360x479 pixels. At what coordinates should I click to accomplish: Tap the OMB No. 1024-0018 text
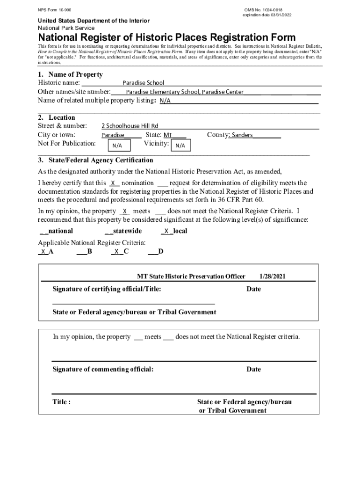pyautogui.click(x=263, y=10)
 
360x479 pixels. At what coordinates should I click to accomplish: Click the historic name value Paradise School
pyautogui.click(x=143, y=83)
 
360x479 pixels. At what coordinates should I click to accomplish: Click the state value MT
pyautogui.click(x=168, y=135)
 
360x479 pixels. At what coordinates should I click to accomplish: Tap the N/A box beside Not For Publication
pyautogui.click(x=117, y=145)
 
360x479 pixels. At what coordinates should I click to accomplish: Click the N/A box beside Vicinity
pyautogui.click(x=180, y=146)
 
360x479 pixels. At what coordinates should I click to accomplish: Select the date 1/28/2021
pyautogui.click(x=272, y=276)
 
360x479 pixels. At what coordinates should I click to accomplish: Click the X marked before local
pyautogui.click(x=166, y=231)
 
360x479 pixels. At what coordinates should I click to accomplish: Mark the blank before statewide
pyautogui.click(x=108, y=231)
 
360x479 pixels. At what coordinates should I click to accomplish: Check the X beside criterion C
pyautogui.click(x=116, y=252)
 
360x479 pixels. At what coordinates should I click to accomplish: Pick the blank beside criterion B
pyautogui.click(x=81, y=252)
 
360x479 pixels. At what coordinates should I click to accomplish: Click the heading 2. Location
pyautogui.click(x=56, y=117)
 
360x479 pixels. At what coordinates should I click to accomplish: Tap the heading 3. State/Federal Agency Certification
pyautogui.click(x=95, y=160)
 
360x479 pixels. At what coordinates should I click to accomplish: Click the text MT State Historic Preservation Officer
pyautogui.click(x=191, y=276)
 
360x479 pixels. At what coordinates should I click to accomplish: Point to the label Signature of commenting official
pyautogui.click(x=103, y=370)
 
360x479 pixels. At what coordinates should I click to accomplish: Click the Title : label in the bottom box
pyautogui.click(x=62, y=402)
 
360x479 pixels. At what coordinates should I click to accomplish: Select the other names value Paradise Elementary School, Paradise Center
pyautogui.click(x=185, y=92)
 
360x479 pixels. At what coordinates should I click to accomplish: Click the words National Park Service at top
pyautogui.click(x=66, y=28)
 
